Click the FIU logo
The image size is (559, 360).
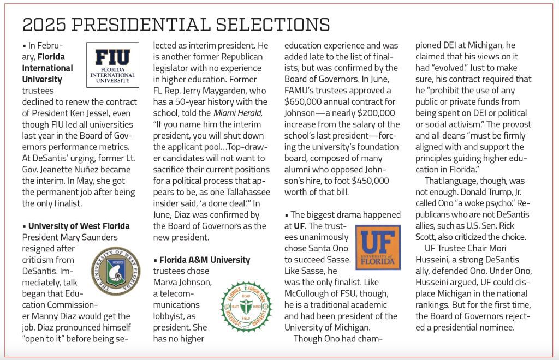click(112, 65)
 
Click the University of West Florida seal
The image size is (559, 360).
click(115, 271)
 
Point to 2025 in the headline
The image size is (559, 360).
click(44, 25)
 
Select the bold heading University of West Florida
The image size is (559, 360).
click(79, 226)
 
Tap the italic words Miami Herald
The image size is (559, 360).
click(239, 113)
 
